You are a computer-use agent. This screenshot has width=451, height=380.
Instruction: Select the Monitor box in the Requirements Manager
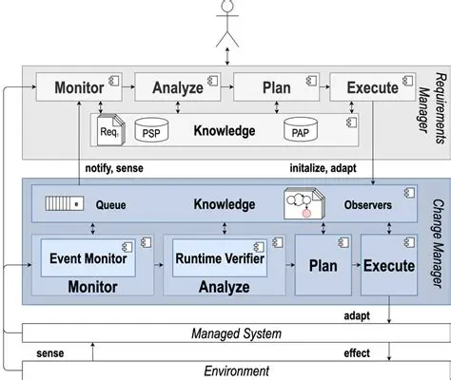(79, 88)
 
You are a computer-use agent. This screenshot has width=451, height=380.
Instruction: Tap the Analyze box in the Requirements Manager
(177, 88)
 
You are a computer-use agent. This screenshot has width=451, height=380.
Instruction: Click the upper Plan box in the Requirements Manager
(276, 88)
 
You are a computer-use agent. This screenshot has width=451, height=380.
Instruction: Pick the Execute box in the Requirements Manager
(372, 88)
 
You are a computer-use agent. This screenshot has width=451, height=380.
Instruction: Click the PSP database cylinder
(151, 131)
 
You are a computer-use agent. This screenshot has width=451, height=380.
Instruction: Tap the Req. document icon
(111, 130)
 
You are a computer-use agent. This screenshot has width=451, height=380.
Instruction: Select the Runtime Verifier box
(218, 256)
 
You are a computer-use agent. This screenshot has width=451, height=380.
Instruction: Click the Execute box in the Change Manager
(388, 266)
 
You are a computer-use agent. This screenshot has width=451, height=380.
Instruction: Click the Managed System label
(236, 332)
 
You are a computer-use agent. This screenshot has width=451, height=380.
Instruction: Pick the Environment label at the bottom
(236, 370)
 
